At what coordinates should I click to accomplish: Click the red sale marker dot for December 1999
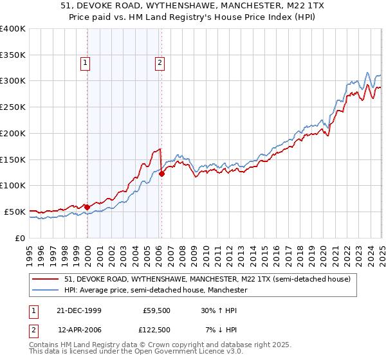coord(87,207)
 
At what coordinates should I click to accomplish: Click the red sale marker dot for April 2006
coord(161,174)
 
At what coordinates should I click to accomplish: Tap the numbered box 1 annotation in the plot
coord(86,62)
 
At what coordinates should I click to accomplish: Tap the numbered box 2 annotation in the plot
coord(159,62)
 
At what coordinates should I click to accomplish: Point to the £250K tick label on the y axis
coord(13,107)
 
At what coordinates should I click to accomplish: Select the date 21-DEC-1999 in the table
coord(79,311)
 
